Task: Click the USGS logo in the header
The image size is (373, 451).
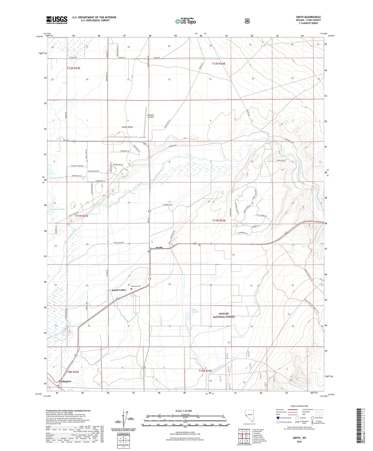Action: coord(57,20)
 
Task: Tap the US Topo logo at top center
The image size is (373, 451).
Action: coord(185,21)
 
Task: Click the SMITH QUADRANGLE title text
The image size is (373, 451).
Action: coord(308,17)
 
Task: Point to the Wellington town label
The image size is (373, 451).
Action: coord(65,381)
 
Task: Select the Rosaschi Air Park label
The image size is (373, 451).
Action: coord(150,116)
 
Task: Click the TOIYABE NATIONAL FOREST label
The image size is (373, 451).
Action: coord(224,315)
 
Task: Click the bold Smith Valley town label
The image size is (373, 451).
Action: coord(119,290)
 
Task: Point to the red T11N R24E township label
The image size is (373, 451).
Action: coord(219,221)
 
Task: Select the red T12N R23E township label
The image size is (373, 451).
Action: coord(74,68)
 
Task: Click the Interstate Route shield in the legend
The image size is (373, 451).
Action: coord(278,417)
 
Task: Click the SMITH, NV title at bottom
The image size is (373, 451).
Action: coord(299,438)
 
